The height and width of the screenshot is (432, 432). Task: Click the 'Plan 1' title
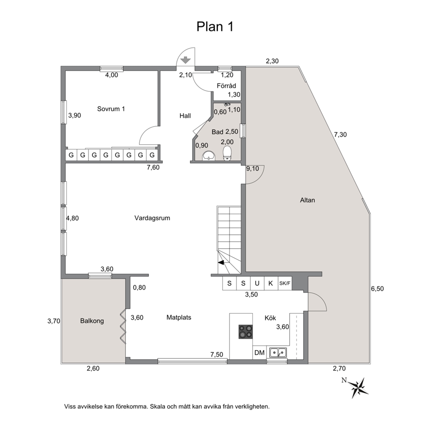pyautogui.click(x=215, y=27)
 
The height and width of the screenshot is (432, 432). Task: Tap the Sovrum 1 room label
pyautogui.click(x=111, y=109)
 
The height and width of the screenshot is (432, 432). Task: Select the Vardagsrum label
pyautogui.click(x=152, y=218)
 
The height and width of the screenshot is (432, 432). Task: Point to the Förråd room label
pyautogui.click(x=226, y=86)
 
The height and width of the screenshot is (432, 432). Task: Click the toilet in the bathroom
pyautogui.click(x=227, y=153)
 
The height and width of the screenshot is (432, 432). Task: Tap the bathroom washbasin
pyautogui.click(x=209, y=155)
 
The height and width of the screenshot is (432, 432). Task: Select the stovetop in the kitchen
pyautogui.click(x=245, y=332)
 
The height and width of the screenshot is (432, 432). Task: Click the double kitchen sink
pyautogui.click(x=278, y=352)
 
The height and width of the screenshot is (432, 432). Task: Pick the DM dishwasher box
pyautogui.click(x=260, y=353)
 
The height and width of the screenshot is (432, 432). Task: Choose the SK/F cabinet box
pyautogui.click(x=285, y=283)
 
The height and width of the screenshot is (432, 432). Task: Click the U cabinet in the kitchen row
pyautogui.click(x=257, y=283)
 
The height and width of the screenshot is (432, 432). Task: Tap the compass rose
pyautogui.click(x=358, y=388)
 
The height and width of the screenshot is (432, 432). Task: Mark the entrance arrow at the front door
pyautogui.click(x=186, y=60)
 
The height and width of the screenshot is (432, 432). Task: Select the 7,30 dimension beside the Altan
pyautogui.click(x=340, y=135)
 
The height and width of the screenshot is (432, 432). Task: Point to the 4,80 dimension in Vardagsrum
pyautogui.click(x=72, y=218)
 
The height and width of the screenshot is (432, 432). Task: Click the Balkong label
pyautogui.click(x=92, y=321)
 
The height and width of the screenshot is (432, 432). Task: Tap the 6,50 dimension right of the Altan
pyautogui.click(x=377, y=289)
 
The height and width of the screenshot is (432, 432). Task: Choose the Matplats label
pyautogui.click(x=179, y=317)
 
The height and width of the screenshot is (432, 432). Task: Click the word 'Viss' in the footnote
pyautogui.click(x=69, y=406)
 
